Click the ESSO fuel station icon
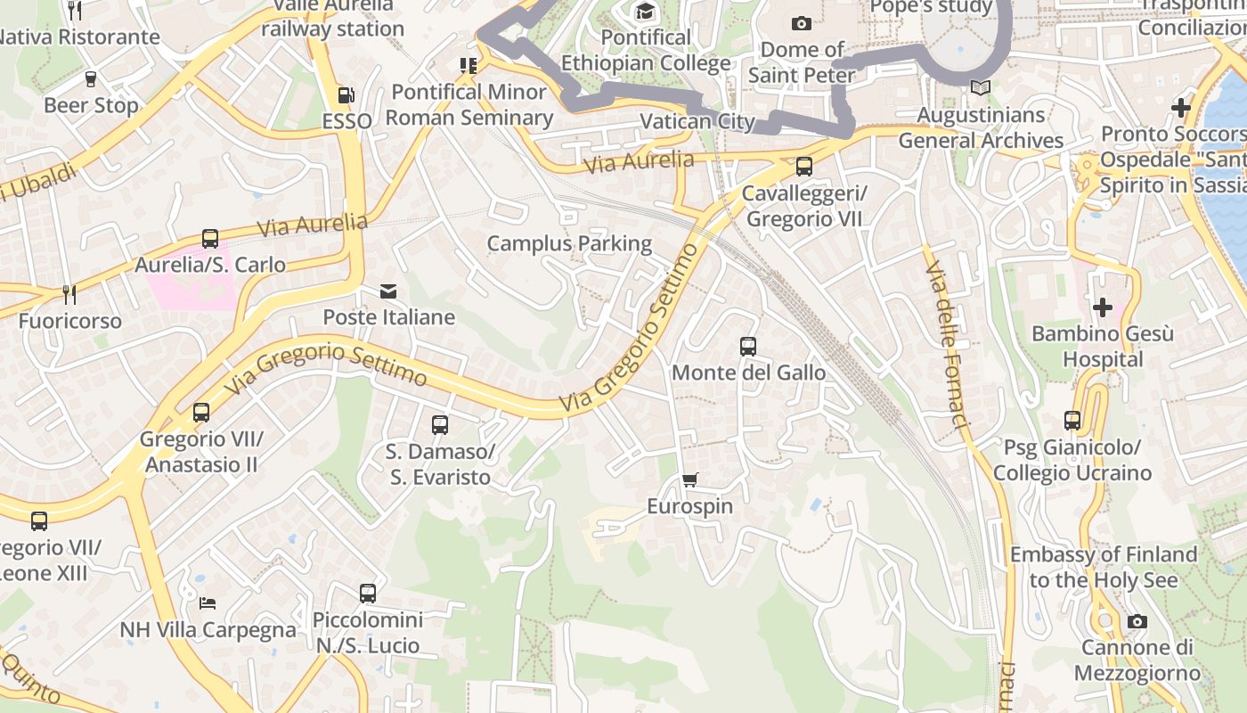coord(346,94)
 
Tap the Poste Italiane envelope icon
coord(388,291)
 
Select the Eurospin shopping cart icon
coord(689,480)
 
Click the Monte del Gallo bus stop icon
coord(748,347)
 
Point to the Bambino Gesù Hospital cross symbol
coord(1103,307)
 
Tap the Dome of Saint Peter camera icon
coord(802,23)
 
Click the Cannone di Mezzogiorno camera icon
coord(1137,621)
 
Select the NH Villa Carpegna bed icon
coord(208,603)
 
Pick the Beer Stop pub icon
coord(91,79)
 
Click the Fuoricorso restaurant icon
coord(69,294)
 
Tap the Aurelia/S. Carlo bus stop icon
coord(210,239)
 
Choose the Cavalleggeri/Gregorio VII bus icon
coord(803,167)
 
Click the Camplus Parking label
coord(569,243)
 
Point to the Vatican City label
coord(697,121)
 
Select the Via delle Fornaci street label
coord(947,348)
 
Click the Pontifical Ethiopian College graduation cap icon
coord(645,12)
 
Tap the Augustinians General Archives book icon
coord(980,88)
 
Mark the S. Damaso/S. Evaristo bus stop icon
coord(439,425)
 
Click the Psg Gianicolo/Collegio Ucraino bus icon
coord(1072,421)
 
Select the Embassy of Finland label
coord(1103,567)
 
